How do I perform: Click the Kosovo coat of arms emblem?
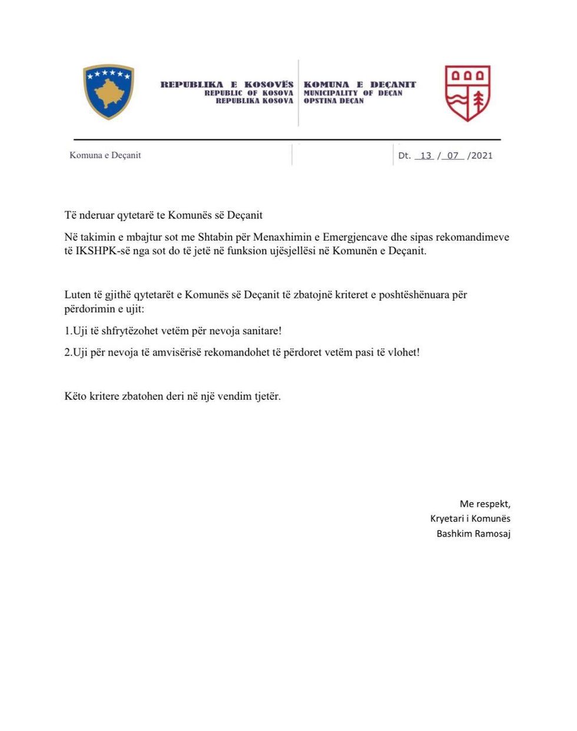108,92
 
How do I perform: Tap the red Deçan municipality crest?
467,93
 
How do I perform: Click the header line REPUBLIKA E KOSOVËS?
227,84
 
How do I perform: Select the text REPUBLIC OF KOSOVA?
248,93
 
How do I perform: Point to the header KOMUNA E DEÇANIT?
360,84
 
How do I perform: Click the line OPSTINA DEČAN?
334,101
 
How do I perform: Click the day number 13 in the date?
425,155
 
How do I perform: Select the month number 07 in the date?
452,155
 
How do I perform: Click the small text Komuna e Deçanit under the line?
105,155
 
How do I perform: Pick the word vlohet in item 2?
403,353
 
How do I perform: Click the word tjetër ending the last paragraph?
267,396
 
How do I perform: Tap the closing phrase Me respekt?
485,504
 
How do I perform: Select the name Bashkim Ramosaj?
473,534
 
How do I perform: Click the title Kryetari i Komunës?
470,519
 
